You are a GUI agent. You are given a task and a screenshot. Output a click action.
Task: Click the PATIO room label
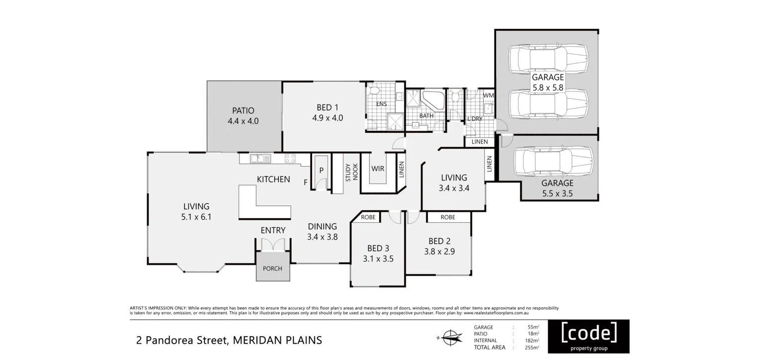[243, 110]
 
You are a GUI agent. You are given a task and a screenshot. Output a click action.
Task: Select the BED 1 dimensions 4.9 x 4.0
[328, 118]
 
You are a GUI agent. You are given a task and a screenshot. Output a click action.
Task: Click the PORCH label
[272, 269]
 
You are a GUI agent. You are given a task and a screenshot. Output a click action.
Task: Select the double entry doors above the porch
[273, 245]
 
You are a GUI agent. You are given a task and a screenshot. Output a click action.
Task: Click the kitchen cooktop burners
[290, 159]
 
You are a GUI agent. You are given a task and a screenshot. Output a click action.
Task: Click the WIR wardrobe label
[378, 169]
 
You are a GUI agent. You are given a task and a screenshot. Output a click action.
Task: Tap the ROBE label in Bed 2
[448, 217]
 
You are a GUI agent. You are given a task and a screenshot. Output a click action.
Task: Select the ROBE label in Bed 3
[368, 217]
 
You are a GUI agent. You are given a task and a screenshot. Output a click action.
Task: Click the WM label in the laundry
[488, 95]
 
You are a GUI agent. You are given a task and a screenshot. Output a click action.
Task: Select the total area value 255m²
[532, 347]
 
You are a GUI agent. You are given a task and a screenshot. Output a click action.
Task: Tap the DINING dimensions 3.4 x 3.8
[322, 237]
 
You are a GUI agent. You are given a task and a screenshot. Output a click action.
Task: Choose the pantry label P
[321, 170]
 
